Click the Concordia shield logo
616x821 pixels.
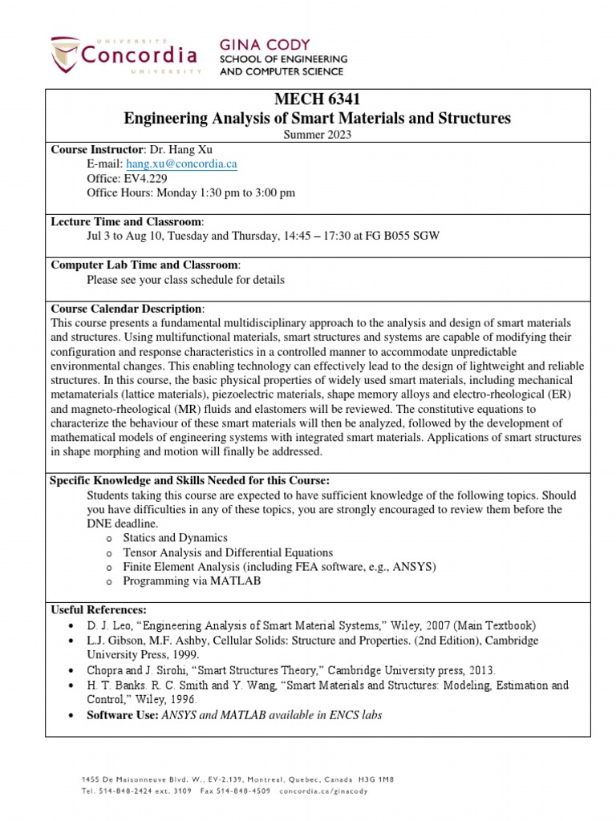pyautogui.click(x=66, y=55)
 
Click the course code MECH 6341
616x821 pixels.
pyautogui.click(x=317, y=100)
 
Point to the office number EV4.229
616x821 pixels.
pyautogui.click(x=146, y=178)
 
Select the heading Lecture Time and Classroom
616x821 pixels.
pyautogui.click(x=127, y=220)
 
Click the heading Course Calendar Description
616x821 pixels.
pyautogui.click(x=127, y=309)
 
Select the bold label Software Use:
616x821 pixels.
pyautogui.click(x=122, y=714)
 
